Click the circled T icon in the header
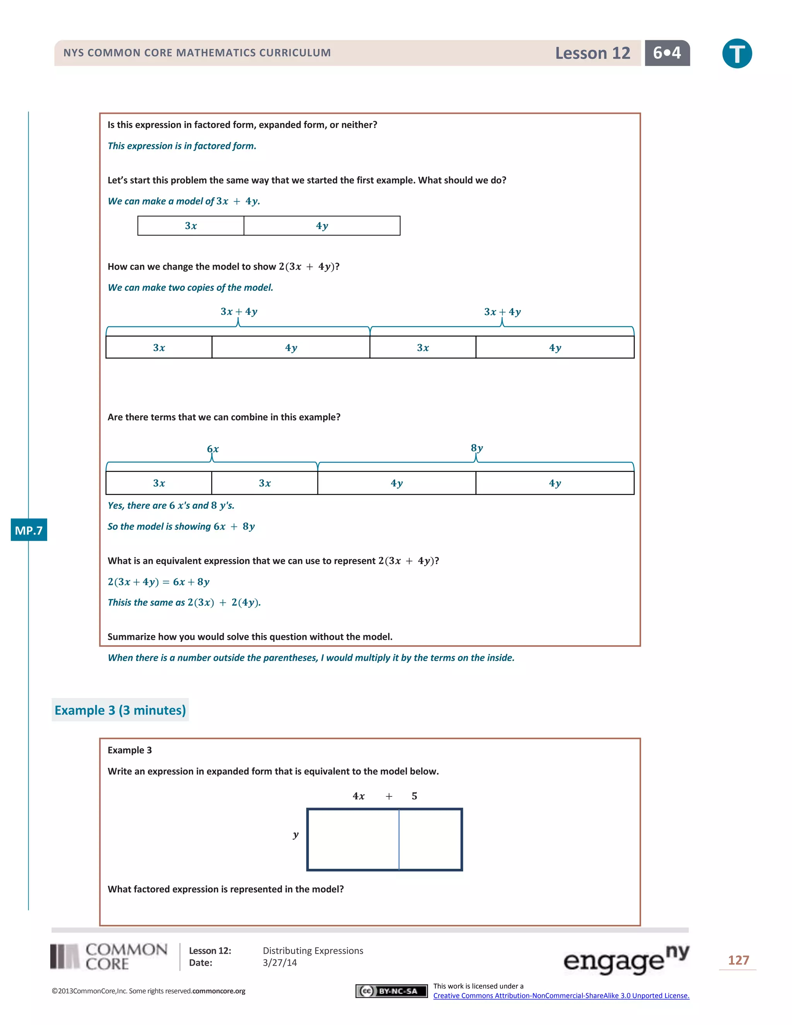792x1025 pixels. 737,53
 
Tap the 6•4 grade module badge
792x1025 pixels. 667,53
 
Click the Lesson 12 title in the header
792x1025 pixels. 592,53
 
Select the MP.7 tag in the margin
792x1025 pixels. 29,530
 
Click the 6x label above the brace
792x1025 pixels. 213,449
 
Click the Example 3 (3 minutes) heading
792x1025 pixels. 120,710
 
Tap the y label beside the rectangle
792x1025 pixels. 295,834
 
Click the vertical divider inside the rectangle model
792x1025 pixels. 399,839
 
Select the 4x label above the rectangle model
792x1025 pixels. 358,796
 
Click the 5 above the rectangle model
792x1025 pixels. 414,796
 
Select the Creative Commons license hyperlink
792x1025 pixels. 561,996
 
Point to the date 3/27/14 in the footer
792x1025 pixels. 280,963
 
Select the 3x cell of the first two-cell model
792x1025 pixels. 191,226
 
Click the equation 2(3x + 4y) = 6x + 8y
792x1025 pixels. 159,582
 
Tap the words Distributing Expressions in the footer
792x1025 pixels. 312,950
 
